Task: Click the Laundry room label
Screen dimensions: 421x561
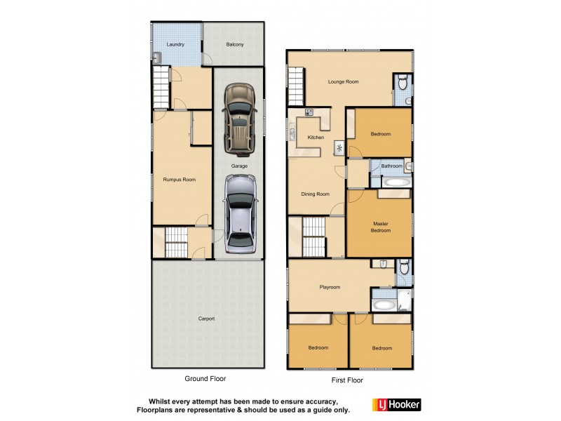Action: [175, 45]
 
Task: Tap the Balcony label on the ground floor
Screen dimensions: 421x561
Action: [235, 45]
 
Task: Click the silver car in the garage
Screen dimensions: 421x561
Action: [240, 214]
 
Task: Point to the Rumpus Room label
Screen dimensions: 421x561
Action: [180, 180]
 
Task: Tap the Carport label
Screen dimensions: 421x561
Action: [206, 319]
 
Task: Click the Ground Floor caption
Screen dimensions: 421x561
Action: [205, 378]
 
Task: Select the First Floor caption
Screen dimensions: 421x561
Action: [347, 380]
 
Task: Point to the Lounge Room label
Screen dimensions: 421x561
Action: [344, 82]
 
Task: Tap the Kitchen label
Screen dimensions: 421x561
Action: [316, 138]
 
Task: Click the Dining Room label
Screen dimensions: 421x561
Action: [316, 194]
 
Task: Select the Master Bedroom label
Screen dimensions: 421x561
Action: [381, 227]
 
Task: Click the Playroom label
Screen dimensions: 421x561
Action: [330, 287]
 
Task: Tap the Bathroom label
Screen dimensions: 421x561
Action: [392, 166]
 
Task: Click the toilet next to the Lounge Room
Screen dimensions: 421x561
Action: [401, 84]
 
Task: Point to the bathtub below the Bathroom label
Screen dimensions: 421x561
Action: [396, 182]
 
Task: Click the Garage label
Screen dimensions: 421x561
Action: [239, 166]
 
